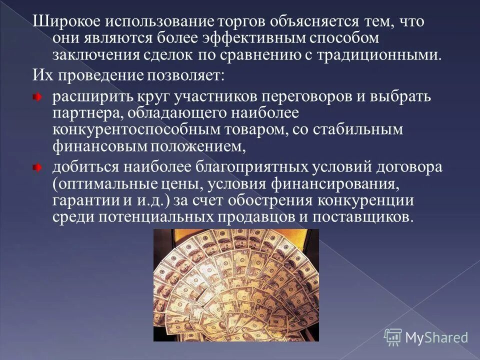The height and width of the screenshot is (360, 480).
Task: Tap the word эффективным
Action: pos(229,38)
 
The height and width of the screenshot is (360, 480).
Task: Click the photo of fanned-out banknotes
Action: pos(235,285)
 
